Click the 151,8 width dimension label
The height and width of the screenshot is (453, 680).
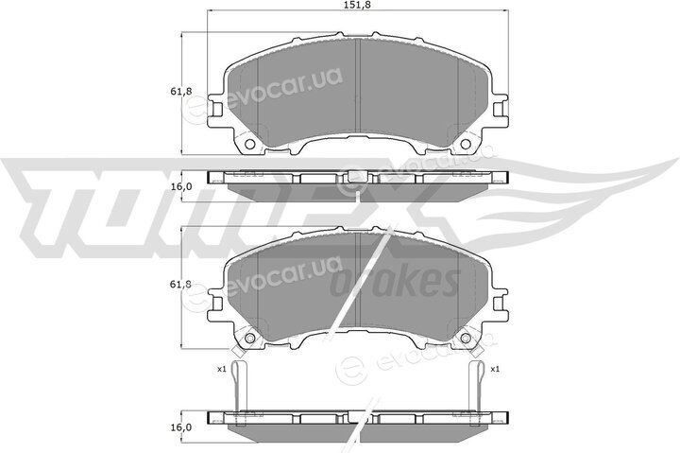pyautogui.click(x=357, y=5)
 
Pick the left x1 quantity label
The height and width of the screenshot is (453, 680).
pyautogui.click(x=222, y=369)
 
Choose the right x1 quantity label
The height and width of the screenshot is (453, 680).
pyautogui.click(x=495, y=369)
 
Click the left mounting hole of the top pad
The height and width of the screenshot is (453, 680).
pyautogui.click(x=249, y=144)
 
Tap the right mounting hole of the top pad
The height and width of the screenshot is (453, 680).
pyautogui.click(x=466, y=144)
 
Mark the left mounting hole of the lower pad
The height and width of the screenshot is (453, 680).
pyautogui.click(x=249, y=338)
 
